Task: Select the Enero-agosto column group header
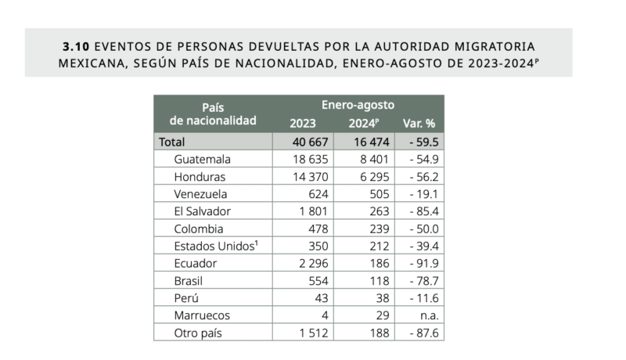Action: coord(358,105)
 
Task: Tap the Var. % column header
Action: coord(419,123)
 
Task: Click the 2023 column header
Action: coord(303,123)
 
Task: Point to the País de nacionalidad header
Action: coord(213,113)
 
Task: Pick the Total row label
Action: coord(174,142)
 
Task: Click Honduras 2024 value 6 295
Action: coord(363,177)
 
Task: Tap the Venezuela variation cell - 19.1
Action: coord(421,194)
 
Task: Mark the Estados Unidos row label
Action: coord(214,246)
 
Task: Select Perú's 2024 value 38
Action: coord(372,298)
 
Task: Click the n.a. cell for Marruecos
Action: coord(426,315)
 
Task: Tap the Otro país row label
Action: coord(200,333)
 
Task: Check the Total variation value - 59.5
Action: coord(421,142)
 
